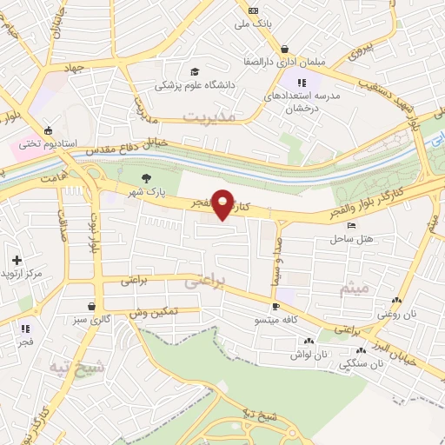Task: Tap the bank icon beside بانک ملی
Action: [x=253, y=10]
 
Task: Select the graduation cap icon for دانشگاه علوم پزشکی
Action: [x=196, y=71]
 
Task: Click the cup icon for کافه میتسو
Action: [x=276, y=306]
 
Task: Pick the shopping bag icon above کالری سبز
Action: [x=93, y=306]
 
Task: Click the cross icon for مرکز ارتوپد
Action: [x=17, y=260]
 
